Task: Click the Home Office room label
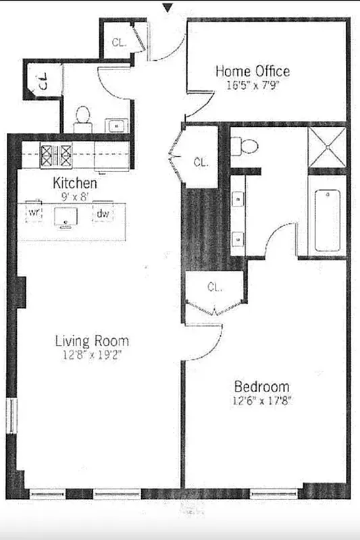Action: click(253, 71)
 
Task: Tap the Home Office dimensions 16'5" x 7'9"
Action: click(253, 86)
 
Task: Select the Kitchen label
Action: click(74, 183)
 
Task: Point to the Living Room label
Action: click(92, 341)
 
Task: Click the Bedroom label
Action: click(261, 387)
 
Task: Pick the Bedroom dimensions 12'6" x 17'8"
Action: click(261, 402)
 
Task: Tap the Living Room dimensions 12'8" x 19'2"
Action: click(92, 354)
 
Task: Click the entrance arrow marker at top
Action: click(168, 8)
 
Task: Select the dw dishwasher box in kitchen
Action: click(103, 213)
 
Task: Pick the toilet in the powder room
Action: click(82, 117)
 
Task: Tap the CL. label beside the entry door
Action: click(119, 42)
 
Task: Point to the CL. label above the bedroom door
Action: click(215, 287)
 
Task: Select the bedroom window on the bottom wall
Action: click(274, 493)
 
